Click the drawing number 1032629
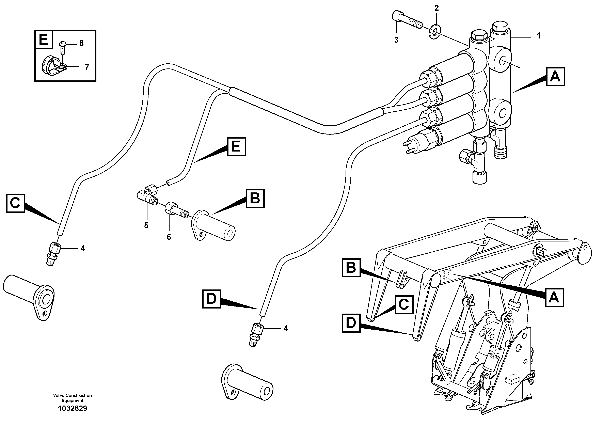point(73,408)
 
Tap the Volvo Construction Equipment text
point(73,398)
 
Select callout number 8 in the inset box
point(81,43)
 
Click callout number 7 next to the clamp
point(87,67)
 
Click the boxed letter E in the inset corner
point(44,40)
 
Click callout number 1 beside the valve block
point(539,36)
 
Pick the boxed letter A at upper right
point(555,77)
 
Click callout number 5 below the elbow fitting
point(146,225)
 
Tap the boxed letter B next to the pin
point(255,199)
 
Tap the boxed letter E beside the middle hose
point(236,146)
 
